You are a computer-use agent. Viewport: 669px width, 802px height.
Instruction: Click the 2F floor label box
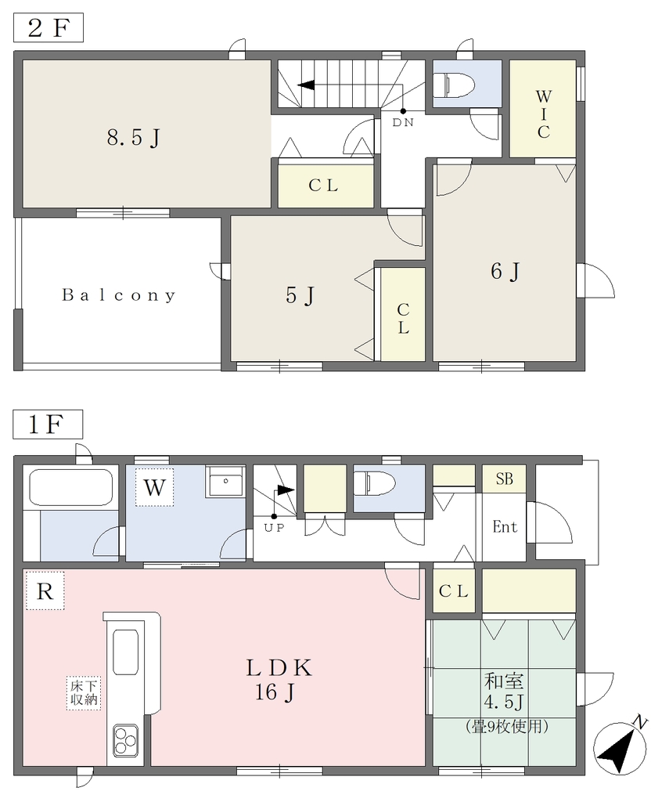pos(48,27)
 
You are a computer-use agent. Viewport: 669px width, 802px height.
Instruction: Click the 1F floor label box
pos(48,424)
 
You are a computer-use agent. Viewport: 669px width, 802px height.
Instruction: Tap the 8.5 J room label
pos(134,138)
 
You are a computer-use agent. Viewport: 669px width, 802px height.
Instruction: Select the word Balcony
pos(119,295)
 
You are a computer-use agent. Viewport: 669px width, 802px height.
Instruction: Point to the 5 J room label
pos(300,295)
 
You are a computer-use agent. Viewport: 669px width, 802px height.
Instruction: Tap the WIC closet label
pos(544,114)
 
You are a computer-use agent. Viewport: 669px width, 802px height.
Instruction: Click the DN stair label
pos(403,123)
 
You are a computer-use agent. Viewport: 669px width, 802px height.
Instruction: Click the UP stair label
pos(274,528)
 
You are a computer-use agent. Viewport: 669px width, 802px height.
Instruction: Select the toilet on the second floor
pos(454,83)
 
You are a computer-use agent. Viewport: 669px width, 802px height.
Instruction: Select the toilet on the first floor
pos(374,484)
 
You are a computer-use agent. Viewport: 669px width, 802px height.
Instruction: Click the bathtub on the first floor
pos(71,487)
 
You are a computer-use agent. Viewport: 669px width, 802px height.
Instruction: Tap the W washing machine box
pos(154,487)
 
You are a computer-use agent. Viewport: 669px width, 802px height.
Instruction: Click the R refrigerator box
pos(45,591)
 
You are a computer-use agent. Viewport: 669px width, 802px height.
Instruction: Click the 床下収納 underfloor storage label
pos(84,693)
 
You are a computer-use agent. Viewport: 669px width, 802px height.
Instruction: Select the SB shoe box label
pos(505,479)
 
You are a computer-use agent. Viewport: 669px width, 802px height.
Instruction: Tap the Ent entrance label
pos(505,526)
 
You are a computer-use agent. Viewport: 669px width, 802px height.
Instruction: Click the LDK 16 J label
pos(279,680)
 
